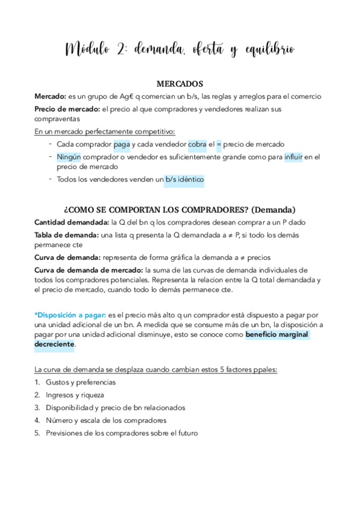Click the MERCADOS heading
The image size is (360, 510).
click(180, 84)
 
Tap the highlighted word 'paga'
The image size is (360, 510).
click(121, 144)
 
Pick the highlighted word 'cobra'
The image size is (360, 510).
click(197, 144)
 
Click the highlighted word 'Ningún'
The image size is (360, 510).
click(69, 157)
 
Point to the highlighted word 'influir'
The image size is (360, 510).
click(294, 157)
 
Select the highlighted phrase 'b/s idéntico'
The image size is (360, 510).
click(184, 179)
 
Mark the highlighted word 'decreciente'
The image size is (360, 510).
click(54, 344)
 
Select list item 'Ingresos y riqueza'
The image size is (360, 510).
click(75, 395)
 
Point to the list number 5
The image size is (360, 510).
click(37, 433)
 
